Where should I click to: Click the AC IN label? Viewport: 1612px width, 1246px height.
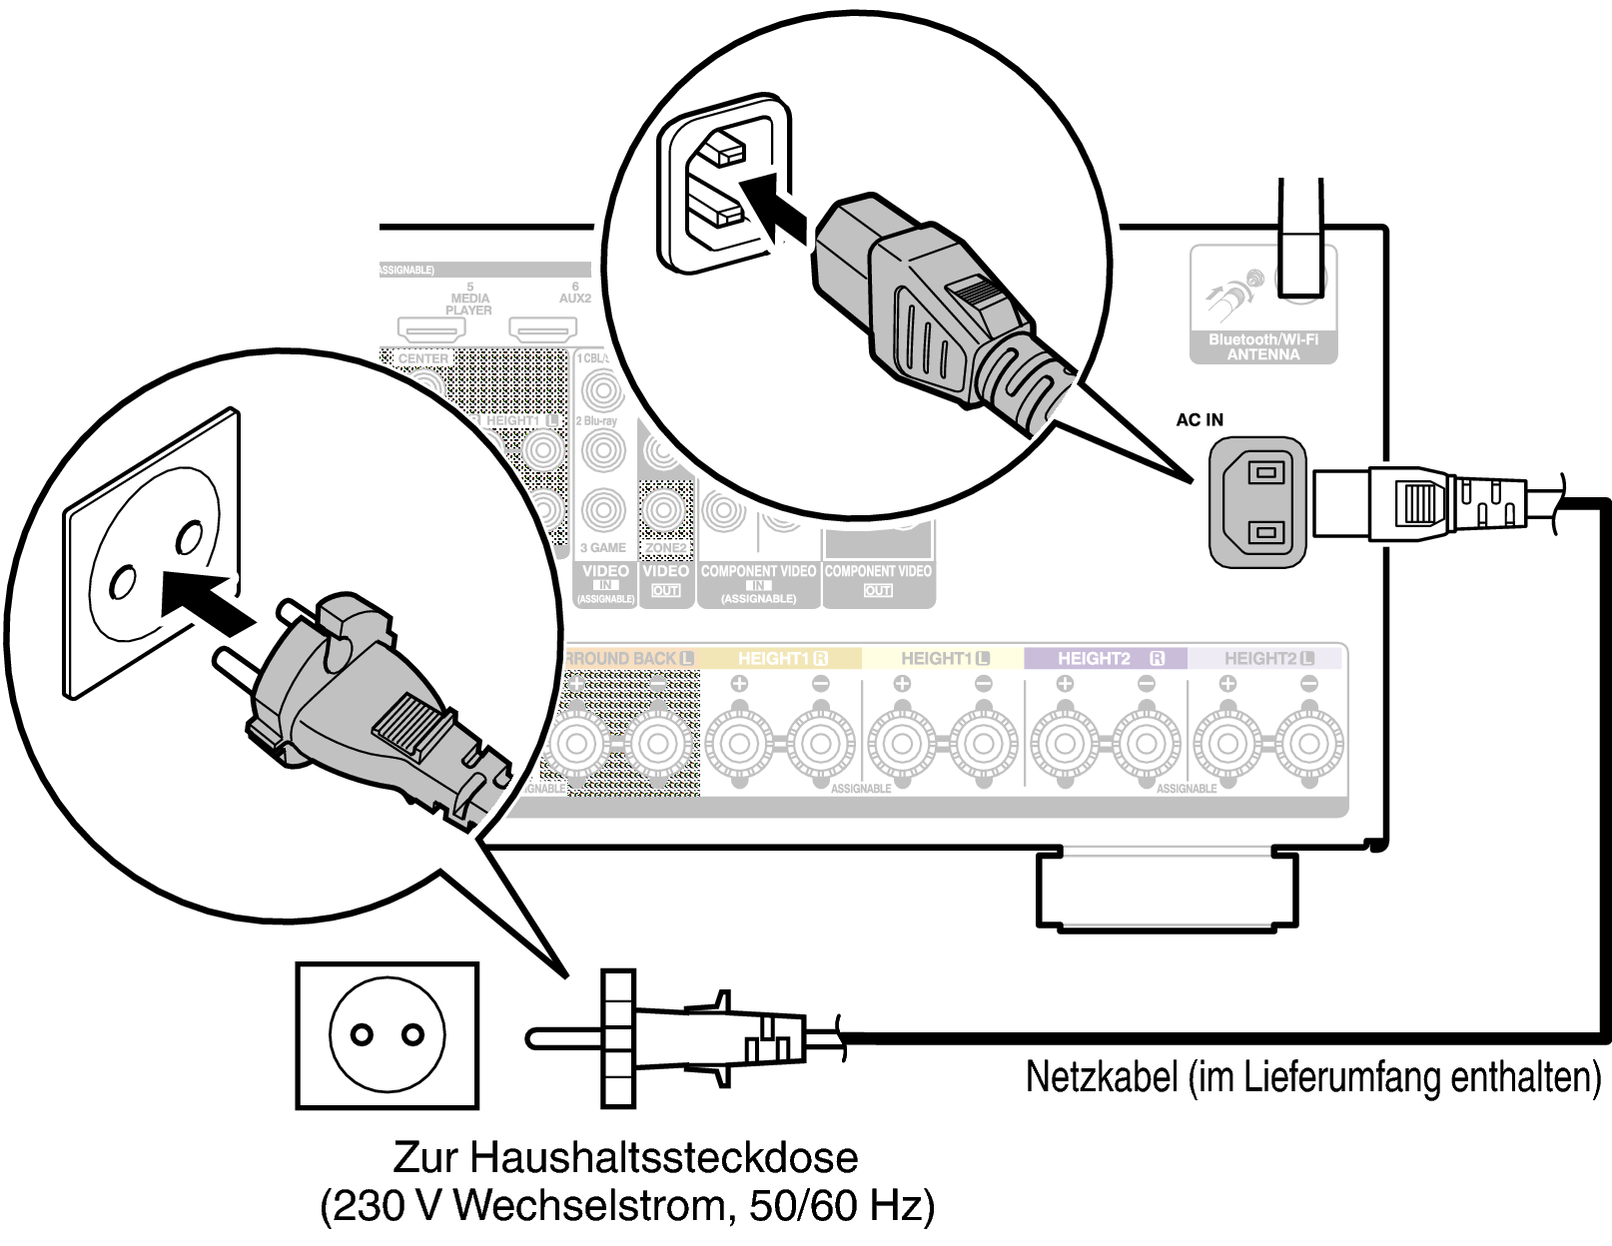click(1199, 420)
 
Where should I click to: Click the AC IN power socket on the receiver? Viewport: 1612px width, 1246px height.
click(1258, 501)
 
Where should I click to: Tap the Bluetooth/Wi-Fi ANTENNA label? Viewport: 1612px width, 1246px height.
click(1262, 346)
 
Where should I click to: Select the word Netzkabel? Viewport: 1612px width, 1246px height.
click(1101, 1077)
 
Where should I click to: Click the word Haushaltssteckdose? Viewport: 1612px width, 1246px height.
click(664, 1157)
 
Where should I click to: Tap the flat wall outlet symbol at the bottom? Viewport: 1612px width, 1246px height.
click(388, 1035)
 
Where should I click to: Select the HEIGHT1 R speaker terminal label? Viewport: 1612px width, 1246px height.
click(782, 659)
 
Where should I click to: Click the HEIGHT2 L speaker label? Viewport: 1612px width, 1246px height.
click(1268, 659)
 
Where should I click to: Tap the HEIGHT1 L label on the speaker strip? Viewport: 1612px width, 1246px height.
click(944, 659)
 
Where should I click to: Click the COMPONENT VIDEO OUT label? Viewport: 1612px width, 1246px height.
click(878, 580)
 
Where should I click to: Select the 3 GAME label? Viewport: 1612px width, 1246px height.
click(603, 547)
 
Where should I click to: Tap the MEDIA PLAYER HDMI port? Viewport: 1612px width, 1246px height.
click(431, 328)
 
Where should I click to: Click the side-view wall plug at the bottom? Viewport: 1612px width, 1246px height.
click(679, 1038)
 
